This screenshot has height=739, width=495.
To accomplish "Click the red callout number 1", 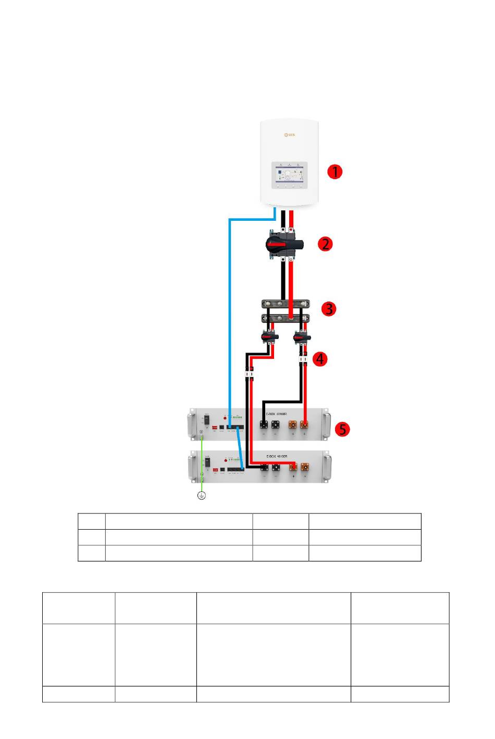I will (x=335, y=172).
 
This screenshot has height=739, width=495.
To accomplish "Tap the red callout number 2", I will (x=326, y=244).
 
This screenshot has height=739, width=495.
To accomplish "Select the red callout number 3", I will (x=328, y=309).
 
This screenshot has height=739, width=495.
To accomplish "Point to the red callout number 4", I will (x=320, y=359).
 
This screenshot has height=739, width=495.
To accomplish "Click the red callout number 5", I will (x=342, y=429).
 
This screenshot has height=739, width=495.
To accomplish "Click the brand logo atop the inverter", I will (x=289, y=134).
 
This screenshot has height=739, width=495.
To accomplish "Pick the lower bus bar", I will (x=284, y=318).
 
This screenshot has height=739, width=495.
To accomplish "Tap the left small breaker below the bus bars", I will (x=270, y=339).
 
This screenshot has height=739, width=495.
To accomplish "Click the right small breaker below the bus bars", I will (x=301, y=339).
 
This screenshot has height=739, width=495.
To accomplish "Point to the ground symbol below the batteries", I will (x=201, y=495).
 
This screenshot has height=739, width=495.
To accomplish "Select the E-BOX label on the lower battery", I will (x=277, y=456).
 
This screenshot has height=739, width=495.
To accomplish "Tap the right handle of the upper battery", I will (x=326, y=425).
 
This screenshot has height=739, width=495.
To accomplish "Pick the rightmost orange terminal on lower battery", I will (x=304, y=467).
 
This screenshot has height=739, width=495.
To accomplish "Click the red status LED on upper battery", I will (x=225, y=417).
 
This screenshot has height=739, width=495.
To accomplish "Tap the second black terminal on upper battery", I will (x=276, y=425).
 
